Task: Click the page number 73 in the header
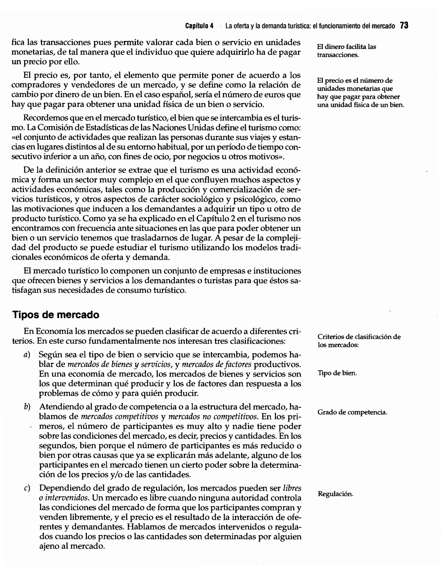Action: [404, 25]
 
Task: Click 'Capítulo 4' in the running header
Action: [199, 26]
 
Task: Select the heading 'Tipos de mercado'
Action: [56, 315]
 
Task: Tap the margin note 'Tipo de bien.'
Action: [337, 373]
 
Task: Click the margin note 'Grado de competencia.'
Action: [352, 412]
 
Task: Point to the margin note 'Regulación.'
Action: [335, 494]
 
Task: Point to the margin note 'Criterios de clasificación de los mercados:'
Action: [359, 340]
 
